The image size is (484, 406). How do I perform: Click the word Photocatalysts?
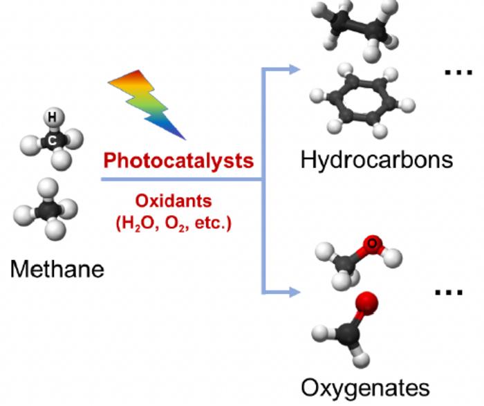pos(178,161)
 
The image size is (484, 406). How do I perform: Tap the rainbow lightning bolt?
pos(147,104)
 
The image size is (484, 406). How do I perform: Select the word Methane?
pos(57,269)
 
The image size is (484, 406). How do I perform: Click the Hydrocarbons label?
pos(377,160)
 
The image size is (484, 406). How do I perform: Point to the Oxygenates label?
pos(365,388)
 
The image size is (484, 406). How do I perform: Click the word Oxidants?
pos(174,201)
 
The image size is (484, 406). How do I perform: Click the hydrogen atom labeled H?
pos(53,118)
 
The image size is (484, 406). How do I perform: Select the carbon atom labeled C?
pos(53,140)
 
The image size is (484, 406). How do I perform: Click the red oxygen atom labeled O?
pos(372,244)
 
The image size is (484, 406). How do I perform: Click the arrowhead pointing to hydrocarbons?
pos(295,69)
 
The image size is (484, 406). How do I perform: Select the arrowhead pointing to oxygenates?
pos(295,292)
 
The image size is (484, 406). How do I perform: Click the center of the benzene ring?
pos(362,100)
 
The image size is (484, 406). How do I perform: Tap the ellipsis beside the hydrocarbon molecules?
pos(458,72)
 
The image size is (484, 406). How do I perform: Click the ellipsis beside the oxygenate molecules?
pos(449,292)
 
